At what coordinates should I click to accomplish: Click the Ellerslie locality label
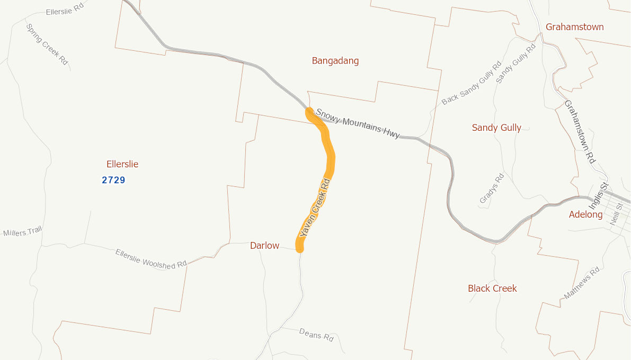(x=122, y=164)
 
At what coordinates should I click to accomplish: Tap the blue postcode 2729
(x=113, y=180)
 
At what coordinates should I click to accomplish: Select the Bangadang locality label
(x=335, y=61)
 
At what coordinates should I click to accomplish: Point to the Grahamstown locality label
(x=574, y=27)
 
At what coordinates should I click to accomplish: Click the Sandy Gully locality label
(x=496, y=128)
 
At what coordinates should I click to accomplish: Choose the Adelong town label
(x=585, y=214)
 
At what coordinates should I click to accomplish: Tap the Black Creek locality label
(x=492, y=289)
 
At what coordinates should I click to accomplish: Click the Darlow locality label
(x=264, y=246)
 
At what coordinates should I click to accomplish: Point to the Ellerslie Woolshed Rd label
(x=151, y=259)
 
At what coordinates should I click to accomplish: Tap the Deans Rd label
(x=316, y=335)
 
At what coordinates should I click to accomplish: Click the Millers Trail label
(x=22, y=232)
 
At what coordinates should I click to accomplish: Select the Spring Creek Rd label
(x=47, y=44)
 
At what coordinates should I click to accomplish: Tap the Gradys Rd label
(x=491, y=188)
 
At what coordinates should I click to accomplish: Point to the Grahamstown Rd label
(x=580, y=131)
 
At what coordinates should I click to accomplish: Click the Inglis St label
(x=598, y=195)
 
